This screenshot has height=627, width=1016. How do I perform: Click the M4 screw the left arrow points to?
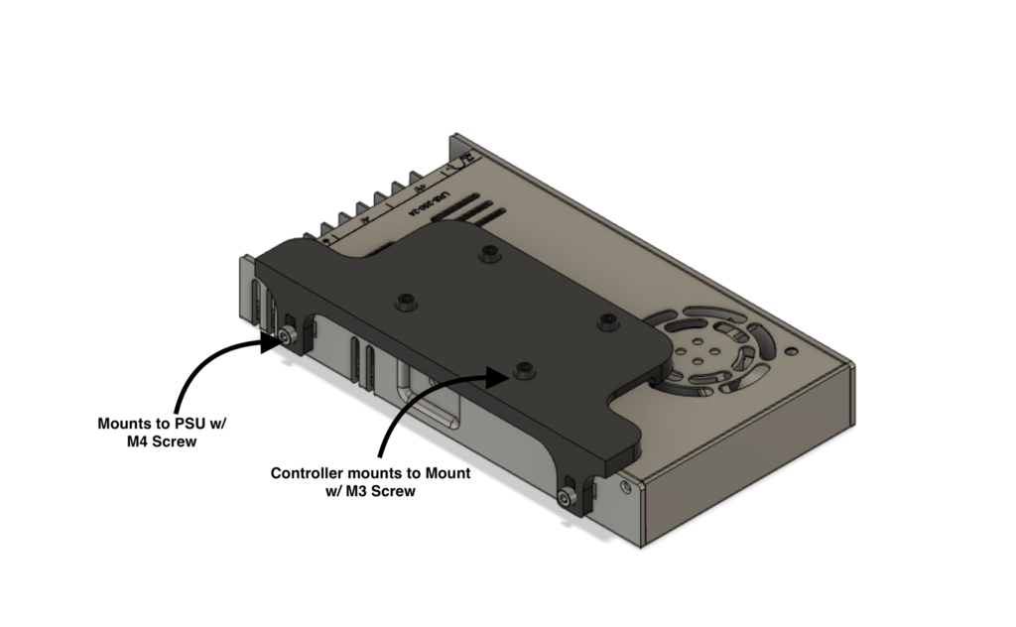pos(287,338)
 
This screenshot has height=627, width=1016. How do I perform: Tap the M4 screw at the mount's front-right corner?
pos(570,499)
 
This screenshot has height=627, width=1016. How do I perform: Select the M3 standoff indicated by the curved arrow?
pos(523,370)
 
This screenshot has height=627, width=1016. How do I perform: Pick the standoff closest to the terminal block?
pos(487,254)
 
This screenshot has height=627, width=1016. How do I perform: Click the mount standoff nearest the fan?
pos(607,320)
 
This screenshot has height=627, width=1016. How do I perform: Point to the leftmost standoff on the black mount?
pos(404,302)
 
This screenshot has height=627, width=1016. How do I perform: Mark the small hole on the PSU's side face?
pos(624,488)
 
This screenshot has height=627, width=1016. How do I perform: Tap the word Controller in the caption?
pos(309,474)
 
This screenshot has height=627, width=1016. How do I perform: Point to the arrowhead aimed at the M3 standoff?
pos(502,374)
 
